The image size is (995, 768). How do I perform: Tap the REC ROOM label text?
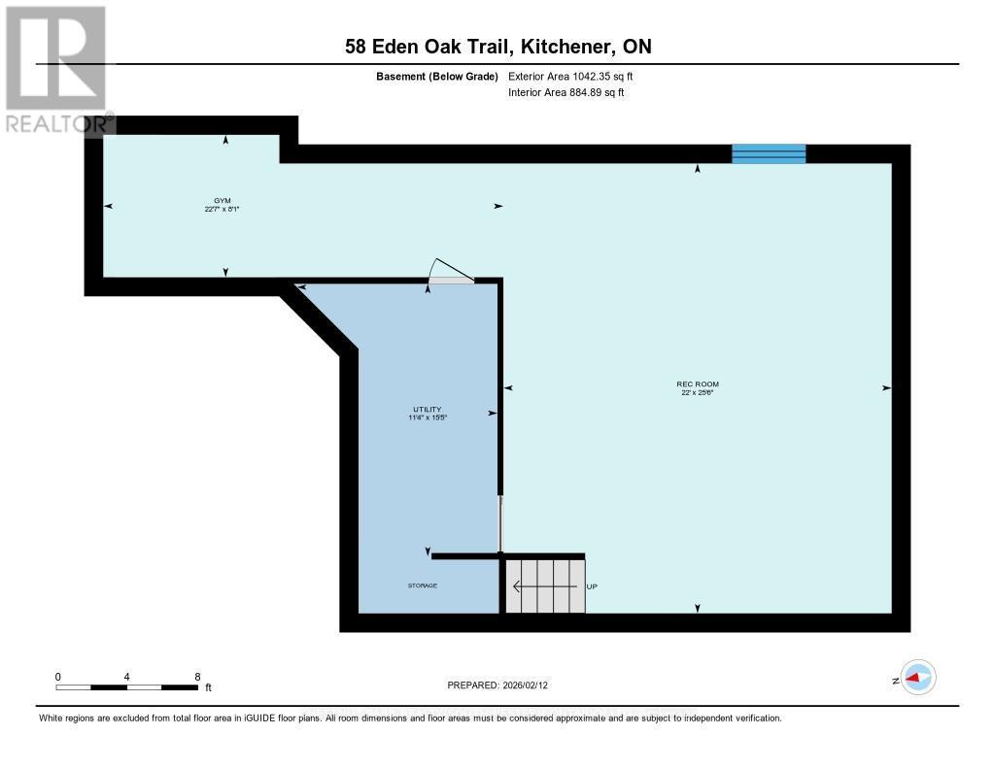pyautogui.click(x=699, y=384)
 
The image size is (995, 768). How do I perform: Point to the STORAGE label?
pyautogui.click(x=423, y=586)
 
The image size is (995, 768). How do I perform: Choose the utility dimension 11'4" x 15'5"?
pyautogui.click(x=427, y=417)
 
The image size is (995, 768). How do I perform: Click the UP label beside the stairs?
pyautogui.click(x=592, y=586)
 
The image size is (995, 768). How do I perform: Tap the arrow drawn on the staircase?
pyautogui.click(x=531, y=586)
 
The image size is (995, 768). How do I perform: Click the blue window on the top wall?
pyautogui.click(x=769, y=153)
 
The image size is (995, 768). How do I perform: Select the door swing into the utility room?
pyautogui.click(x=451, y=271)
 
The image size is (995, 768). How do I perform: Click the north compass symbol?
pyautogui.click(x=917, y=678)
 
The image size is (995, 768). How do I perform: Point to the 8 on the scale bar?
pyautogui.click(x=197, y=677)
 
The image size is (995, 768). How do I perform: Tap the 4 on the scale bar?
pyautogui.click(x=127, y=677)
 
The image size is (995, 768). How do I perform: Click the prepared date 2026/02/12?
pyautogui.click(x=531, y=685)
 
